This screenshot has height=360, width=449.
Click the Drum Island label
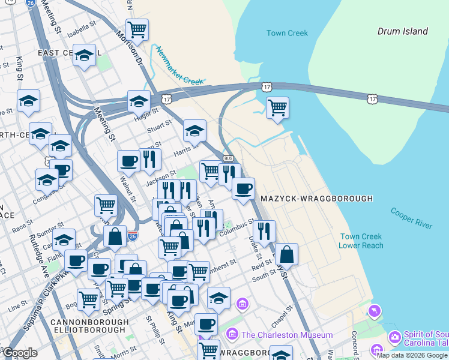402,31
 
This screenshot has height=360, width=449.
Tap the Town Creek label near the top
287,34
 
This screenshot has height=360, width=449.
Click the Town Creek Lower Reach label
361,241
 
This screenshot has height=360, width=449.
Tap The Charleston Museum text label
287,335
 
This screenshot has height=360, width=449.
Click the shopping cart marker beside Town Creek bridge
277,108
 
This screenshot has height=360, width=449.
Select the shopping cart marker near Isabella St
137,29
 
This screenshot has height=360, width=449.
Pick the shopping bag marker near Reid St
287,254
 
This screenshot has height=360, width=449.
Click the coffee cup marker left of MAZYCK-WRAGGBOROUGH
243,189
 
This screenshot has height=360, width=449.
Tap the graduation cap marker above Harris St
194,130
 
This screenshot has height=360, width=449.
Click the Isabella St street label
82,28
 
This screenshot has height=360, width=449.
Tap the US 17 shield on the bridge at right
373,98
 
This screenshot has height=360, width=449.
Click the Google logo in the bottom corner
20,353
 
